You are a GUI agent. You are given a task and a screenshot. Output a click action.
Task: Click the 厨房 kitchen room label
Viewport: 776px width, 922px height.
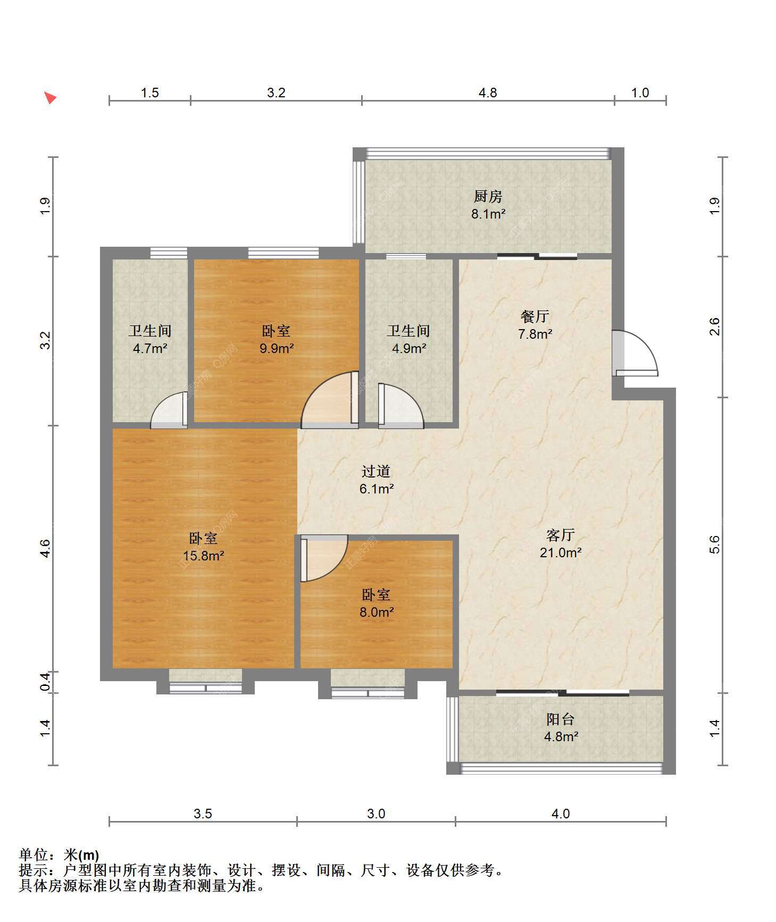[488, 197]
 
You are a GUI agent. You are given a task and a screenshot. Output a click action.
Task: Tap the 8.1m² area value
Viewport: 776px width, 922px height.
[488, 214]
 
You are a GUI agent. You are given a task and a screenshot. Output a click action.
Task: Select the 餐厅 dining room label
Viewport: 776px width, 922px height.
[535, 316]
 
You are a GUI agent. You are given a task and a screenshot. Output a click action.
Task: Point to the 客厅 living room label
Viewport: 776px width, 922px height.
[560, 535]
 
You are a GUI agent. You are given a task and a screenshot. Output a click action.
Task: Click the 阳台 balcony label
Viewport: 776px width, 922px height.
[561, 719]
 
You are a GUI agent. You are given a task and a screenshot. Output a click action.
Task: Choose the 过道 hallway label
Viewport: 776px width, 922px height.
[376, 471]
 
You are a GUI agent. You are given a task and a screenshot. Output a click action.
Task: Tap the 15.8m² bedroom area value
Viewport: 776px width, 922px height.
[203, 556]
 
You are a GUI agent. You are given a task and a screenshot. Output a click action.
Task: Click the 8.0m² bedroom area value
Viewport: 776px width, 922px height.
[376, 612]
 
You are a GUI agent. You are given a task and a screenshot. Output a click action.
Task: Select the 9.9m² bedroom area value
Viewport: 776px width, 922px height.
[277, 348]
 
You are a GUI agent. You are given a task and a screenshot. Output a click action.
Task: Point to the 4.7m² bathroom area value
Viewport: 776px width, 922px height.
[150, 349]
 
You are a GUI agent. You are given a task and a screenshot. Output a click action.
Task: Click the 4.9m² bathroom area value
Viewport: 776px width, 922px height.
[408, 349]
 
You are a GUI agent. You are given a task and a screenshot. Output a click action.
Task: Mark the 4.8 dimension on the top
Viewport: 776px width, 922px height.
[488, 93]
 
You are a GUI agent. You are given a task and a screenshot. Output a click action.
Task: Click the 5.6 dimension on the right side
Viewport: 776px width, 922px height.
[714, 544]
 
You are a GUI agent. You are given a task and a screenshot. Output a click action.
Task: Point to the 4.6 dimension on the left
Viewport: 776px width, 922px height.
[46, 548]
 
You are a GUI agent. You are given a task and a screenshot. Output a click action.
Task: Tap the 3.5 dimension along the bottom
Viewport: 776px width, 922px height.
[203, 814]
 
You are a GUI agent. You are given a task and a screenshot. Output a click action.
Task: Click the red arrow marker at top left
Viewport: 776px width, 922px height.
[50, 98]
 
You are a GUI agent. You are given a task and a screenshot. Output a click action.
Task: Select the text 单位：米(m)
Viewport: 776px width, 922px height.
[59, 855]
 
